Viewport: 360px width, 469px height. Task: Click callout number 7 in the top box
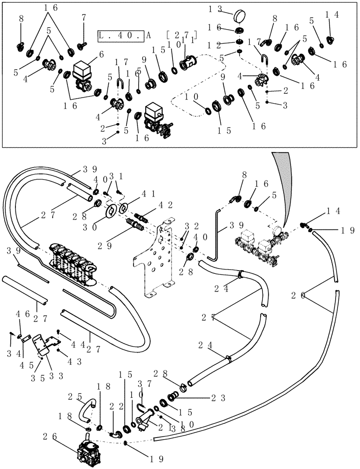coord(83,17)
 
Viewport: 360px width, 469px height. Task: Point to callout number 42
coord(155,204)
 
